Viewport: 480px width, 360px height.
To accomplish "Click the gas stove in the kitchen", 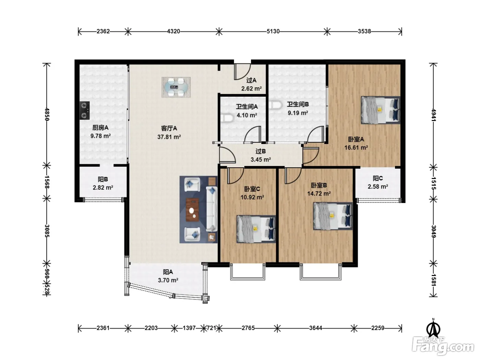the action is click(x=84, y=110).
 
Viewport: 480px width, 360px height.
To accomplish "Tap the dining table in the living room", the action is click(x=176, y=87).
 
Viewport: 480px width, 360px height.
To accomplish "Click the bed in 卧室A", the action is click(x=381, y=110).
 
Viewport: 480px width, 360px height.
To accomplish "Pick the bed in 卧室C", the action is click(x=256, y=229).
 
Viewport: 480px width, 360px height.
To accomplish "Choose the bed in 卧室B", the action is click(x=333, y=216).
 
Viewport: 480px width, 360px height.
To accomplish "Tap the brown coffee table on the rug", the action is click(x=192, y=209).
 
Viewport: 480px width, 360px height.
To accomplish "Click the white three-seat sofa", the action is click(x=212, y=209).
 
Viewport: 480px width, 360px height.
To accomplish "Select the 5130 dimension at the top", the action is click(x=273, y=32).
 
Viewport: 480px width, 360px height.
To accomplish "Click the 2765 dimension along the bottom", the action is click(x=248, y=328).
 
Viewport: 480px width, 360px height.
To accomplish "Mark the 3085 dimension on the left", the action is click(x=47, y=231).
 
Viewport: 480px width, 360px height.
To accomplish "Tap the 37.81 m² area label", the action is click(x=169, y=137).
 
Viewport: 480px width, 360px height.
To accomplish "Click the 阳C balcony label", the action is click(x=378, y=178).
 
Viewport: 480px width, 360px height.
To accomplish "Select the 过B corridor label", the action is click(x=261, y=151).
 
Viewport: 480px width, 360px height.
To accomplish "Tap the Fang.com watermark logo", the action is click(x=443, y=346).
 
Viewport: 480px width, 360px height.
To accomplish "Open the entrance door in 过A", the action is click(x=242, y=72).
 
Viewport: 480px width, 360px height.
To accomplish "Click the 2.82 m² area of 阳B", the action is click(x=103, y=188).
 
